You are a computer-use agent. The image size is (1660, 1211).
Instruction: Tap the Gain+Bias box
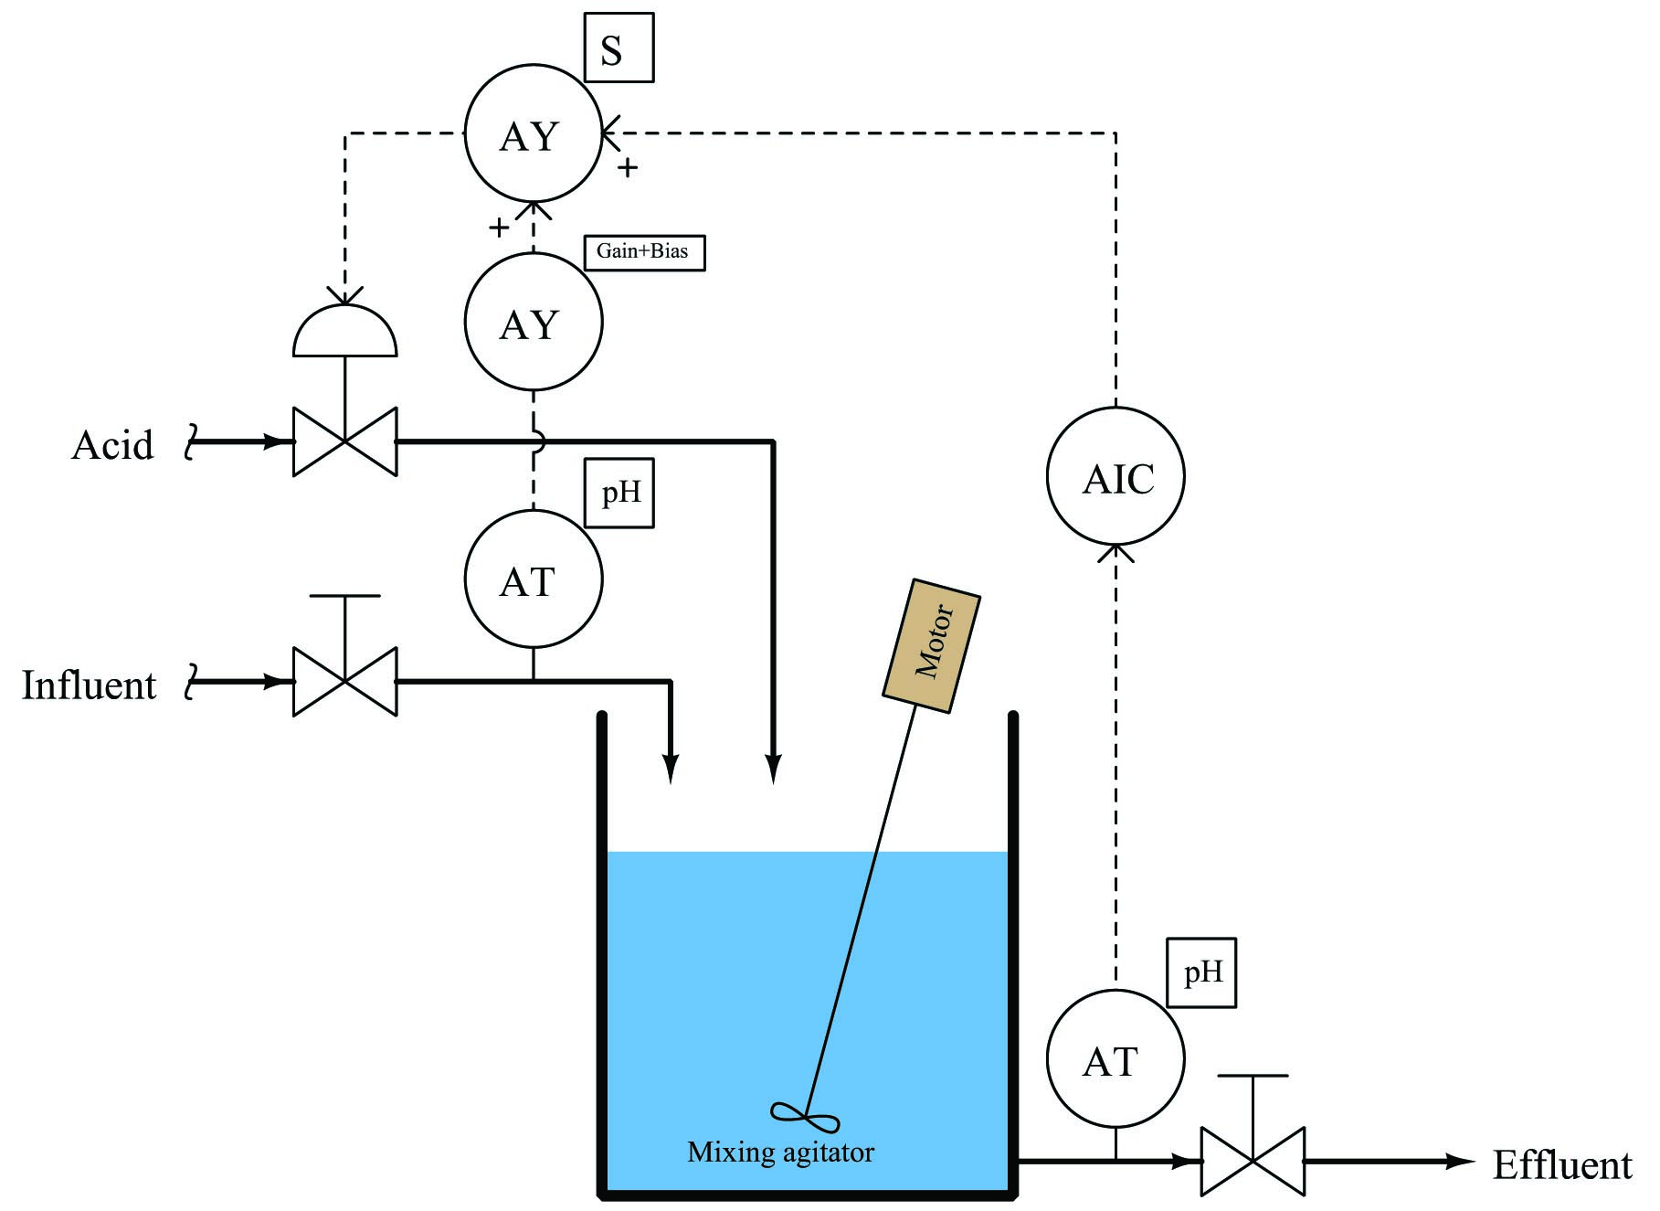point(644,252)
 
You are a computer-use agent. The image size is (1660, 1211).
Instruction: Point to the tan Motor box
point(932,645)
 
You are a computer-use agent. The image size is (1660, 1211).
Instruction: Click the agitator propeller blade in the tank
point(805,1117)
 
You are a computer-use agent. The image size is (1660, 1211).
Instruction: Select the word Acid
point(112,445)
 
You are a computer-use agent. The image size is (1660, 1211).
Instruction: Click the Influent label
point(89,685)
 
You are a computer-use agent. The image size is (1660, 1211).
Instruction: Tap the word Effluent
point(1562,1165)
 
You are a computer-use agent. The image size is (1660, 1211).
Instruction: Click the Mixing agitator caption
point(780,1153)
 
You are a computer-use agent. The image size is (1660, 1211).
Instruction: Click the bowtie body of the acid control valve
point(345,441)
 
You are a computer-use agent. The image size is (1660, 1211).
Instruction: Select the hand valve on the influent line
point(345,681)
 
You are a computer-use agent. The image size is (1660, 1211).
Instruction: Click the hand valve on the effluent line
point(1253,1161)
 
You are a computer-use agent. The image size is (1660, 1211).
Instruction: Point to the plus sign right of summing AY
point(628,167)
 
